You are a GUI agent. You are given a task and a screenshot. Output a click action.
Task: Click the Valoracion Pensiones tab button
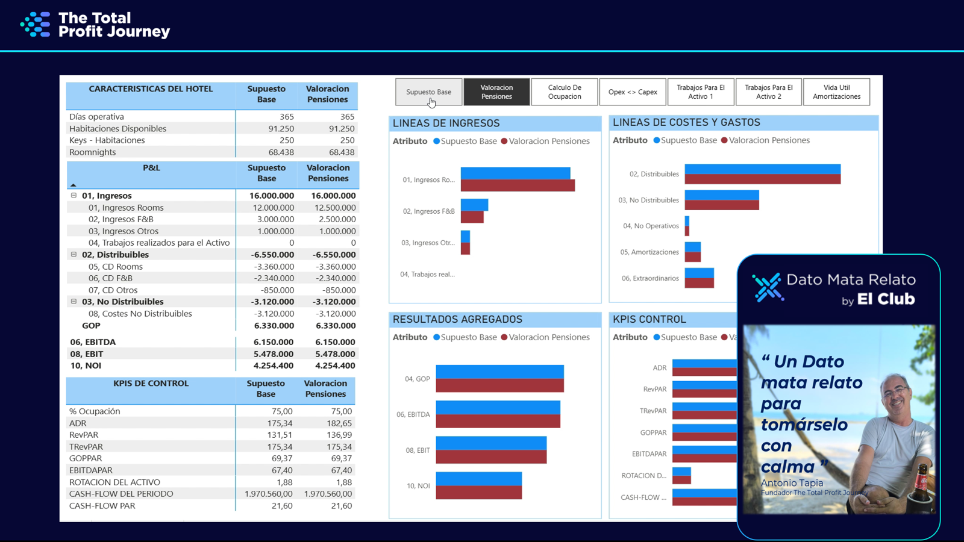coord(496,92)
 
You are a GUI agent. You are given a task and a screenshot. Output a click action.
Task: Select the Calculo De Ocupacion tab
coord(565,92)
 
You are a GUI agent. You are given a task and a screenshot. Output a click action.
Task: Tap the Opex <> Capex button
coord(633,92)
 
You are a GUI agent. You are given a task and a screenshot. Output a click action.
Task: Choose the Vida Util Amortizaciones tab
coord(836,92)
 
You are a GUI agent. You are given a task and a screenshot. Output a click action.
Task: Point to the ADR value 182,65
coord(341,423)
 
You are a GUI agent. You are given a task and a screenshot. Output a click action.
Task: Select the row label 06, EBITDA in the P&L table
coord(93,342)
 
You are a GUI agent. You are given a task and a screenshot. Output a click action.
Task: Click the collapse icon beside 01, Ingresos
coord(74,196)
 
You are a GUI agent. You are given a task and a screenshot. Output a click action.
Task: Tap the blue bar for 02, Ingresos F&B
coord(474,205)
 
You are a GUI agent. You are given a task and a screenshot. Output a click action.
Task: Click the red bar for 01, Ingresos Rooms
coord(518,185)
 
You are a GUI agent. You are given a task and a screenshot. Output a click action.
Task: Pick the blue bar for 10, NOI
coord(478,479)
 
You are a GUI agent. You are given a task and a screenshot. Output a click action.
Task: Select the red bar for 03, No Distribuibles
coord(722,205)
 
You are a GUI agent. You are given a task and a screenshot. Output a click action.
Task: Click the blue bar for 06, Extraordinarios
coord(699,273)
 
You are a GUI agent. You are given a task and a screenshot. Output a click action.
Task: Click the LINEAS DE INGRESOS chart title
coord(446,123)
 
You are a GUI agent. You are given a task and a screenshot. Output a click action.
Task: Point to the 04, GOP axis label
coord(417,379)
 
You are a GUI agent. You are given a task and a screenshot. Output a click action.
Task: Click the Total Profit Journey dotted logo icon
coord(36,25)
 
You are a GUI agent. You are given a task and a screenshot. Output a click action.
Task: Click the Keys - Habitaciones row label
coord(107,140)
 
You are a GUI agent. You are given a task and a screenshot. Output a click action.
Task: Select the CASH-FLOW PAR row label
coord(102,506)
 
